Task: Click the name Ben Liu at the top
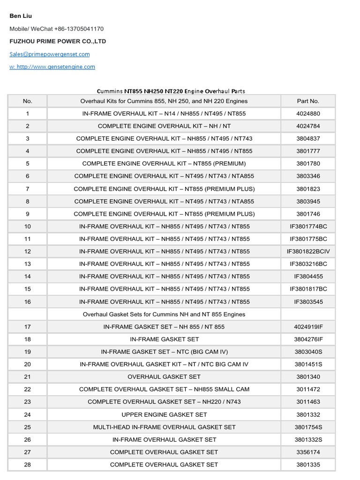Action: point(21,16)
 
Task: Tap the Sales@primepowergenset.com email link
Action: point(50,54)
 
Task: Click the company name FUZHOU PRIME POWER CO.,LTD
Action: point(58,41)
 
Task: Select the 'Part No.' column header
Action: point(308,101)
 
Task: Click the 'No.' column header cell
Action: point(27,101)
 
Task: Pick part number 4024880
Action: point(308,113)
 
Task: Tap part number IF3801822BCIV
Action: point(308,251)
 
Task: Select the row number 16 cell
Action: point(27,302)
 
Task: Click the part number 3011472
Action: point(308,389)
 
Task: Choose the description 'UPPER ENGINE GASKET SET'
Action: point(164,414)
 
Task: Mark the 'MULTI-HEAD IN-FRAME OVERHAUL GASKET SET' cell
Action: point(164,427)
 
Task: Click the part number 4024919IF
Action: point(308,327)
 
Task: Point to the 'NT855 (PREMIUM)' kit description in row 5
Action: point(164,164)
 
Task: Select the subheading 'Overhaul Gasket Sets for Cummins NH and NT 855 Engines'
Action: point(164,314)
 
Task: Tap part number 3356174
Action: point(308,452)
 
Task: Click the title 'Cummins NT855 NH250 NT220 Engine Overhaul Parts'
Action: point(171,91)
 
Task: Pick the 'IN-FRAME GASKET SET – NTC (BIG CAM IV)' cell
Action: point(164,352)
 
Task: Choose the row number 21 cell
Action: point(27,376)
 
